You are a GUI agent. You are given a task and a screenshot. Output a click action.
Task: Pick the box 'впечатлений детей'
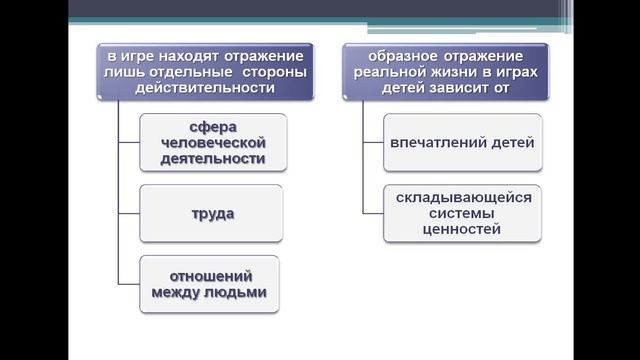462,142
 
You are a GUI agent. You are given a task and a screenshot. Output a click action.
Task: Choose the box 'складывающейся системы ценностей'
462,213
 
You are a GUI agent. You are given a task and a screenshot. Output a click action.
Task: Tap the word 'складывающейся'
462,197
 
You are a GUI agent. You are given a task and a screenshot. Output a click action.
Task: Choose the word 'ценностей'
462,229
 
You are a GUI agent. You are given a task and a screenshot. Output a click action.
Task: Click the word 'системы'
462,213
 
